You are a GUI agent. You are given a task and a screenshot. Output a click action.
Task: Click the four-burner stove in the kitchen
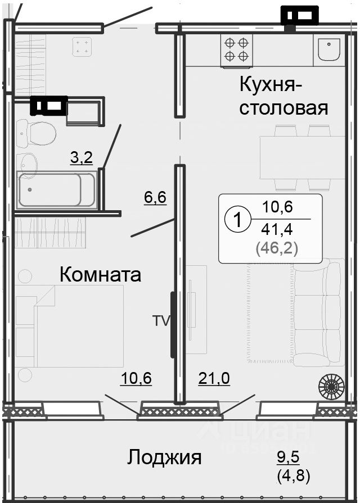pos(236,49)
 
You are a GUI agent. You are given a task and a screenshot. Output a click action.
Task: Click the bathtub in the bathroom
pos(49,190)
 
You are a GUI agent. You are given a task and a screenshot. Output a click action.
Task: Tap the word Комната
pos(100,275)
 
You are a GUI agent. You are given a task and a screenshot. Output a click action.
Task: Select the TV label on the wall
pos(160,321)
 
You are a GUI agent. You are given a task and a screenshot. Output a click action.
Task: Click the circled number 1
pos(237,220)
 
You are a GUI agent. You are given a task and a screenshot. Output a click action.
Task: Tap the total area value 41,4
pos(277,229)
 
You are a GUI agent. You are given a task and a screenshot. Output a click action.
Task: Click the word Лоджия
pos(164,457)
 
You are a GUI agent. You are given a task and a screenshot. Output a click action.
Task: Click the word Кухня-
pos(271,85)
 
